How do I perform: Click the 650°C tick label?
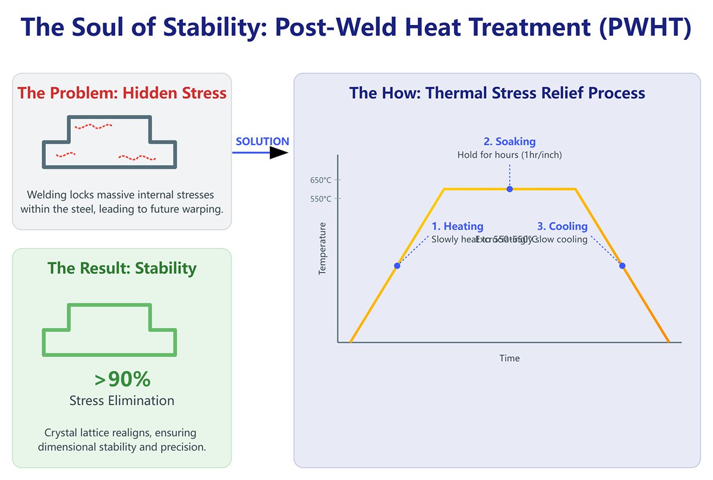[320, 180]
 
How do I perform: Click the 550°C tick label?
[320, 199]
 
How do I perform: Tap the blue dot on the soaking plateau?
[510, 189]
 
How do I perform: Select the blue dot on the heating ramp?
[397, 266]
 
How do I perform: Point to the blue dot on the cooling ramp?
[622, 266]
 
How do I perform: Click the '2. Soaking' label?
[509, 142]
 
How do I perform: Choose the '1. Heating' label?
[457, 226]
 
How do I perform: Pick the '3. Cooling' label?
[562, 226]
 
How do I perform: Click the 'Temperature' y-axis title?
[323, 248]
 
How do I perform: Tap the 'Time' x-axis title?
[509, 358]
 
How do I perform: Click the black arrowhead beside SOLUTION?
[278, 153]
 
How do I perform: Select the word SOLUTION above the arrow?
[262, 142]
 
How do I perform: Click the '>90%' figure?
[122, 379]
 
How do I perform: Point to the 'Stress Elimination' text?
[122, 400]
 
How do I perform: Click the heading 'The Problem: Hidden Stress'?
[122, 93]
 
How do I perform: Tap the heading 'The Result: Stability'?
[122, 268]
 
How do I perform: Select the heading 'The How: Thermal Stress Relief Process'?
[497, 93]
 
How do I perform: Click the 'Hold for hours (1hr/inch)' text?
[509, 155]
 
